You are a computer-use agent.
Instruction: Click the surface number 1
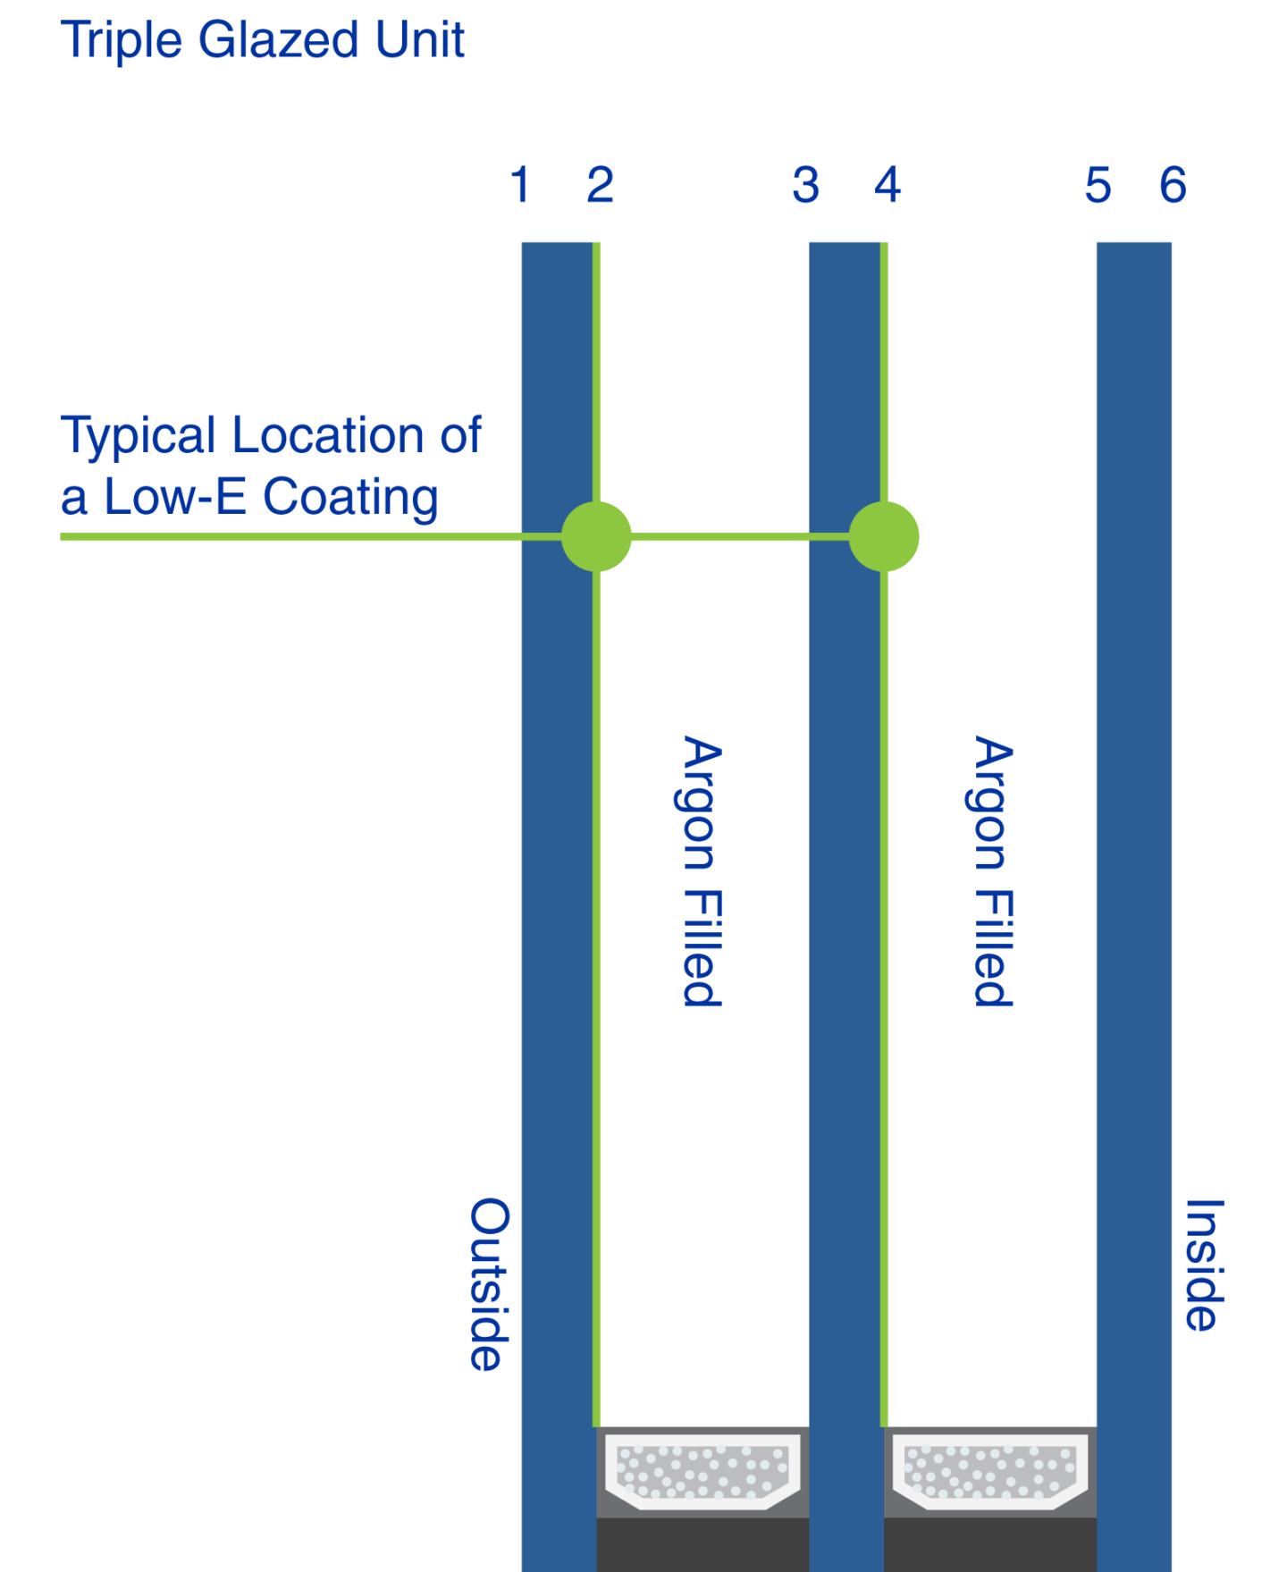click(x=520, y=185)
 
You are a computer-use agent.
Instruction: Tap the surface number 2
click(x=600, y=185)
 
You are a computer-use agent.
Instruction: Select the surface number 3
click(x=805, y=185)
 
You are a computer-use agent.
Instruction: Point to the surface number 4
click(x=887, y=185)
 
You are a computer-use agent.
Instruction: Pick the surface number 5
click(x=1098, y=186)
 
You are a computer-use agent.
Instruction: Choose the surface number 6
click(x=1173, y=185)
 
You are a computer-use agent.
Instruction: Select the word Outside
click(x=490, y=1284)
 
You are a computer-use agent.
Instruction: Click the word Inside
click(x=1203, y=1265)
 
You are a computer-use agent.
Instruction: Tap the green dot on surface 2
click(x=596, y=536)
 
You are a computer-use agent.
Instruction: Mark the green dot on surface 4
click(x=884, y=536)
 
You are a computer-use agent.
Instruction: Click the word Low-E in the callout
click(x=175, y=496)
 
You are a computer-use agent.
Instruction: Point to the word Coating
click(x=350, y=498)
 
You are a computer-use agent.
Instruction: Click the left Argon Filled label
click(x=702, y=871)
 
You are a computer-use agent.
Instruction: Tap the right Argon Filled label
click(x=993, y=871)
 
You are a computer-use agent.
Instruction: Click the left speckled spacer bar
click(x=702, y=1471)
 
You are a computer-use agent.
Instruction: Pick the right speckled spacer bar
click(x=990, y=1471)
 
